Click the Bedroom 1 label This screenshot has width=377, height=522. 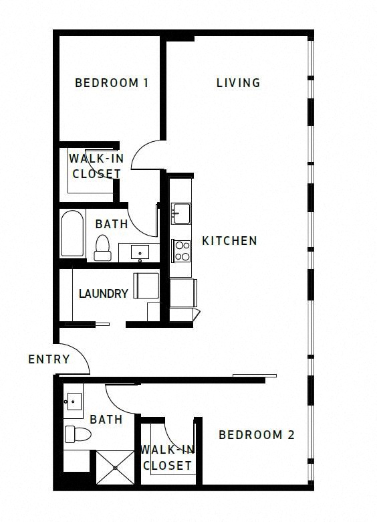112,83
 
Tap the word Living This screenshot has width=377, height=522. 239,83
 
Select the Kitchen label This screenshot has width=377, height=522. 229,241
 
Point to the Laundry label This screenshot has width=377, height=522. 104,293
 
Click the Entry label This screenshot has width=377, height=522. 49,359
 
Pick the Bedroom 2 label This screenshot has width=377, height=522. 257,435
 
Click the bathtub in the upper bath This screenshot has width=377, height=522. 72,234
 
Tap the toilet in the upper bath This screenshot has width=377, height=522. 102,248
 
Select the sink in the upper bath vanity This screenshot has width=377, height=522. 140,252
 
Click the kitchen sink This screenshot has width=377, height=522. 181,213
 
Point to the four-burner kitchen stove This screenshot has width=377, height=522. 181,251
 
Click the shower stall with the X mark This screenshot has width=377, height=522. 115,467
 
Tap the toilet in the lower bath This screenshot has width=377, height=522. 78,434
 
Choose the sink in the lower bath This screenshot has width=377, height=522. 73,401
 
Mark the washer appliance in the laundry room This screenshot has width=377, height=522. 146,286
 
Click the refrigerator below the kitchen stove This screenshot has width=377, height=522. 183,293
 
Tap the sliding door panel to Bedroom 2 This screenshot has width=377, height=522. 255,376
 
